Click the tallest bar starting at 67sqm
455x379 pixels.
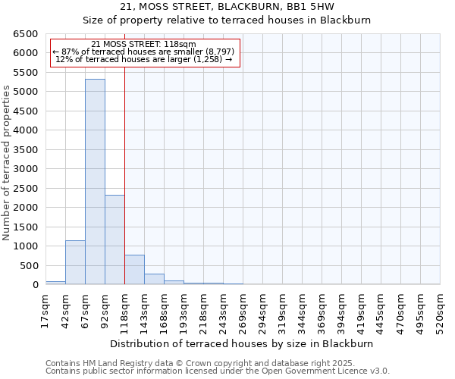tap(95, 182)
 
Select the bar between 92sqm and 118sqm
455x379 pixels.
tap(115, 240)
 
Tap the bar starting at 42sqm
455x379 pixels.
tap(75, 262)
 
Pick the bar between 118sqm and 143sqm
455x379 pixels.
tap(134, 270)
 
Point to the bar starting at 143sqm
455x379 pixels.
tap(154, 279)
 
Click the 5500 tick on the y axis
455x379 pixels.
tap(27, 73)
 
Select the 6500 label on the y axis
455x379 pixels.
tap(27, 34)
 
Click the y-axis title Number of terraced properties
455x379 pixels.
tap(7, 162)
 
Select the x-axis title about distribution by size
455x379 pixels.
tap(242, 343)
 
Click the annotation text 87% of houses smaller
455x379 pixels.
tap(143, 52)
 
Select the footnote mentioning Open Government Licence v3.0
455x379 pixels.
tap(218, 371)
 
